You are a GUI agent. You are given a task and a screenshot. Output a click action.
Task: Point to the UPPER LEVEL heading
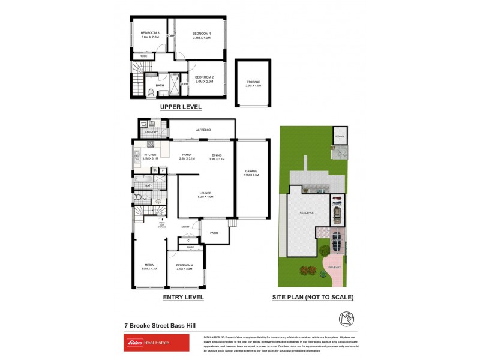(x=181, y=107)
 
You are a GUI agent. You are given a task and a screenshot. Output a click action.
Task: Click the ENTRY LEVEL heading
(x=184, y=297)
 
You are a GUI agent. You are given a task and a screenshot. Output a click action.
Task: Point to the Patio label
(x=214, y=233)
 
